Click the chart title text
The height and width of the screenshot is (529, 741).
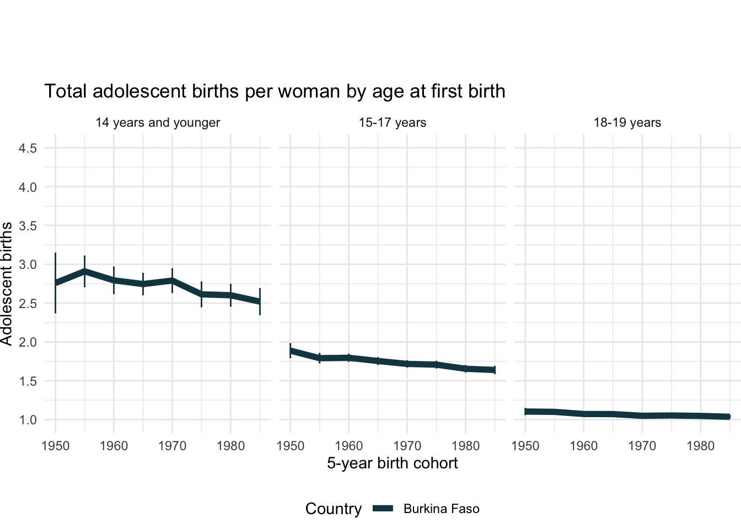tap(275, 91)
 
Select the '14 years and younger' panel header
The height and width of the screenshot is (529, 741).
tap(158, 122)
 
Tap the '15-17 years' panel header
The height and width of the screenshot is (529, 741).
tap(392, 122)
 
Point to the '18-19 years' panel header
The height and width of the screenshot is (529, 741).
tap(627, 122)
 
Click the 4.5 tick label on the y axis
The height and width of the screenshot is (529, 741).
tap(28, 148)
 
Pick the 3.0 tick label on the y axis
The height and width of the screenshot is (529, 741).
tap(28, 264)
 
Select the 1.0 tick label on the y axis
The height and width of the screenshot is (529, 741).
tap(28, 420)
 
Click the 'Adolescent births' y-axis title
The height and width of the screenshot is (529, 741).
tap(7, 284)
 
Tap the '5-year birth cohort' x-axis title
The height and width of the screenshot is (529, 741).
tap(392, 463)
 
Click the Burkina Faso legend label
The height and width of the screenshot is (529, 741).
tap(441, 509)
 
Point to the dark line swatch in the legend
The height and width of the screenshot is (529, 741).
tap(383, 509)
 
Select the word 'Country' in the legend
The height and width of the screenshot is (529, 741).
tap(334, 509)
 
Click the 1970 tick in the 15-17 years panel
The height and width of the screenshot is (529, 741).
tap(407, 445)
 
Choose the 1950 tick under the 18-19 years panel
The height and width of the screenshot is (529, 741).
tap(525, 445)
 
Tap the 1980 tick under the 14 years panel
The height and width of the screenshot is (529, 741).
tap(230, 445)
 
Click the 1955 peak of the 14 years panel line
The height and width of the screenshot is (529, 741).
tap(84, 271)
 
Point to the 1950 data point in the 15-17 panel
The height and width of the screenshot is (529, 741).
tap(291, 350)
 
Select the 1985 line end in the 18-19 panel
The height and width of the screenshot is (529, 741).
tap(729, 417)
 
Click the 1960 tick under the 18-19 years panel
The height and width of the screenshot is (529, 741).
tap(583, 445)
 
